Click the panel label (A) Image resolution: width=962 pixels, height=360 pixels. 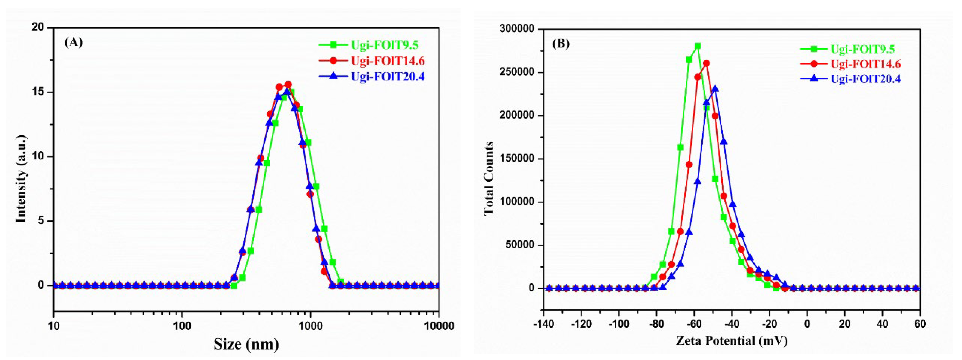(73, 42)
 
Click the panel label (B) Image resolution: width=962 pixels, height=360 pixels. (561, 44)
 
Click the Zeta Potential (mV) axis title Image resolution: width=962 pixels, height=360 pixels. (732, 340)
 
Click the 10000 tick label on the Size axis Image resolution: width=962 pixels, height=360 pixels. (438, 326)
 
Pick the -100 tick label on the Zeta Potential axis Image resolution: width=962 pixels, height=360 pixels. (619, 323)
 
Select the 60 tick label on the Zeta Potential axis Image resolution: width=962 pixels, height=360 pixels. (920, 323)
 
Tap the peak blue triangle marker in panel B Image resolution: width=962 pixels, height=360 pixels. (715, 89)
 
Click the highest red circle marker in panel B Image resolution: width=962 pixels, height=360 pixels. (706, 63)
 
